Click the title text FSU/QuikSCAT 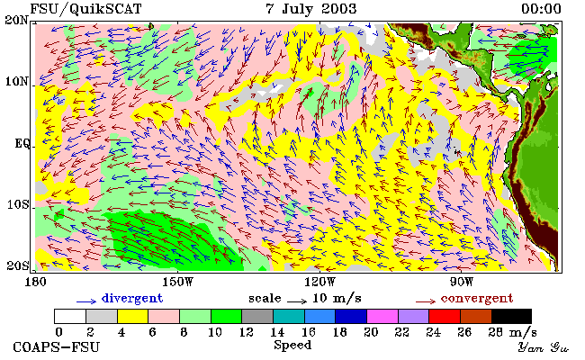click(85, 9)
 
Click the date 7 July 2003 click(311, 9)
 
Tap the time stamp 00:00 click(541, 9)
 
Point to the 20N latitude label click(17, 20)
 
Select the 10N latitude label click(17, 81)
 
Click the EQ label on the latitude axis click(22, 143)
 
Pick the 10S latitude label click(17, 205)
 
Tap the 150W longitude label click(178, 282)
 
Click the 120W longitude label click(320, 282)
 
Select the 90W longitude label click(462, 282)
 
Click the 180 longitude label click(35, 282)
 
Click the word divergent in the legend click(132, 298)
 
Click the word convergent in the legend click(477, 298)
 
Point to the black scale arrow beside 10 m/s click(297, 301)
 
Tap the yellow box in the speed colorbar click(133, 316)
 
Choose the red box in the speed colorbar click(445, 316)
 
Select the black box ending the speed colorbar click(511, 316)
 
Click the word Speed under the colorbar click(292, 345)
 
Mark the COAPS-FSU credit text click(57, 347)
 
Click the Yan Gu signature click(544, 347)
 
